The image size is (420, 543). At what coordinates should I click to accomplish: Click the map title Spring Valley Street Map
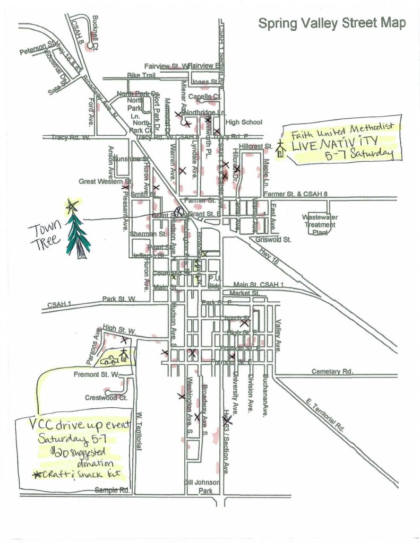point(332,23)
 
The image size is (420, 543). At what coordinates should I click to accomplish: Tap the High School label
point(244,122)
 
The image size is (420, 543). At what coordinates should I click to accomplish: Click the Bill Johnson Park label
point(199,486)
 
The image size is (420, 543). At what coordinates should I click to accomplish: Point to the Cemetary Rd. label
point(332,371)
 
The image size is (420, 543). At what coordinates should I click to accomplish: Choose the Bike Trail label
point(141,76)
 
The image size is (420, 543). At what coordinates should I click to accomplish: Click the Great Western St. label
point(100,181)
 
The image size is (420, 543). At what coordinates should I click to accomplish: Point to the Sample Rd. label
point(113,490)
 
